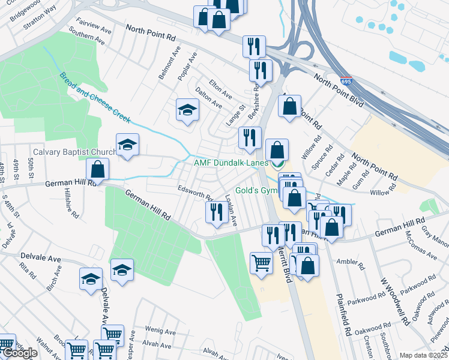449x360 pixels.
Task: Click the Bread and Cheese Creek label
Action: coord(95,98)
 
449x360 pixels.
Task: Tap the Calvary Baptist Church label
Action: coord(74,152)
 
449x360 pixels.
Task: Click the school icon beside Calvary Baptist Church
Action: coord(127,146)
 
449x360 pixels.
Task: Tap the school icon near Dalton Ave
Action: coord(187,110)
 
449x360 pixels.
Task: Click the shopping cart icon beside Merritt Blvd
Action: coord(261,262)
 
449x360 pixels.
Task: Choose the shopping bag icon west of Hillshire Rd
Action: coord(97,169)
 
